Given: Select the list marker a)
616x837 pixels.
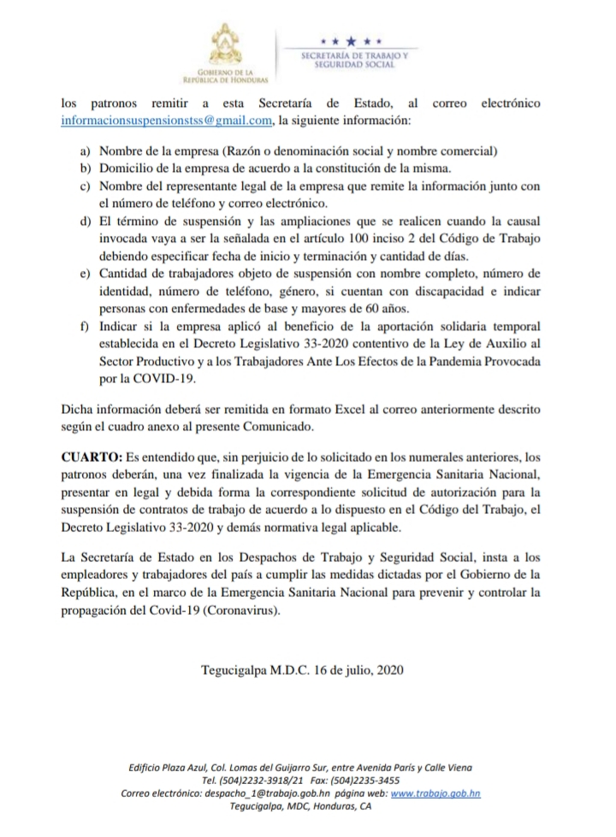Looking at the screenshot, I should [x=85, y=150].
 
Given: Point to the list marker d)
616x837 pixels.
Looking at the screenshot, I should [x=85, y=221].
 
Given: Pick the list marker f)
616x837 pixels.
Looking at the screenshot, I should [x=85, y=327].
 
